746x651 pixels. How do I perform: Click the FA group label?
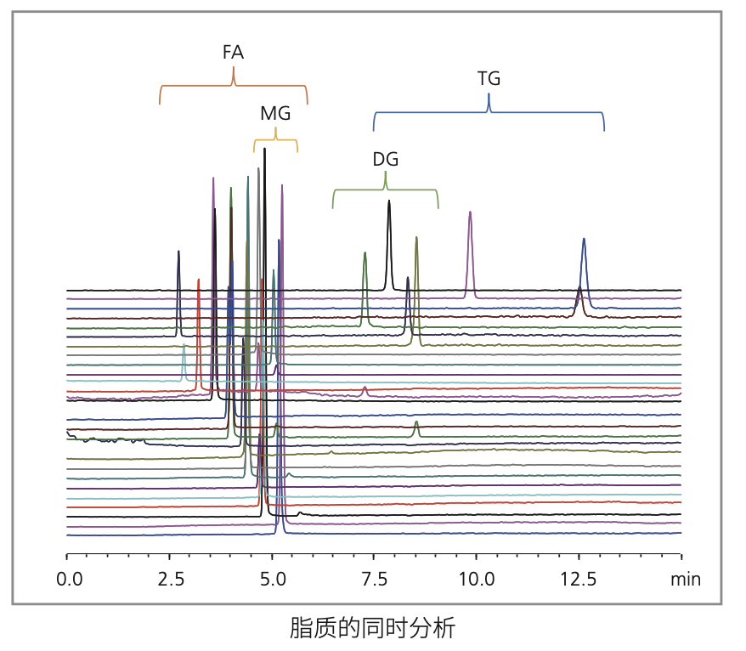[x=233, y=53]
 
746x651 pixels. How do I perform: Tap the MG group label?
[x=275, y=113]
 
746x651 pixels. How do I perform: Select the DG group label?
[x=385, y=159]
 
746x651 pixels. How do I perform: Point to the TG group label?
[x=489, y=79]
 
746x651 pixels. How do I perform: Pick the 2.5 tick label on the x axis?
[x=171, y=580]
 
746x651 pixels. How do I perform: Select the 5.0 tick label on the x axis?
[x=273, y=580]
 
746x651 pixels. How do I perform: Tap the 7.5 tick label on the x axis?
[x=375, y=580]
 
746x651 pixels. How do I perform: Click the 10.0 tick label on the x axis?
[x=477, y=580]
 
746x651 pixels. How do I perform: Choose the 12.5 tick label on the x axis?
[x=579, y=580]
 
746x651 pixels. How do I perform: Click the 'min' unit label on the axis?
[x=686, y=580]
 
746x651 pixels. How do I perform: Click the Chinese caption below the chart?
[x=373, y=629]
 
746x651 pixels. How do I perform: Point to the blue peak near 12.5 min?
[x=584, y=241]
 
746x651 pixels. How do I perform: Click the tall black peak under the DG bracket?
[x=389, y=204]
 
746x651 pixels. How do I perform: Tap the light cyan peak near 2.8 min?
[x=184, y=348]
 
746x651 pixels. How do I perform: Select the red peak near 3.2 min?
[x=198, y=282]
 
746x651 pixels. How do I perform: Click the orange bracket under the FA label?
[x=234, y=86]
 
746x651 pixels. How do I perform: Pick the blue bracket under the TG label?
[x=489, y=111]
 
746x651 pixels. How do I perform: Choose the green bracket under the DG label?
[x=385, y=190]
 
